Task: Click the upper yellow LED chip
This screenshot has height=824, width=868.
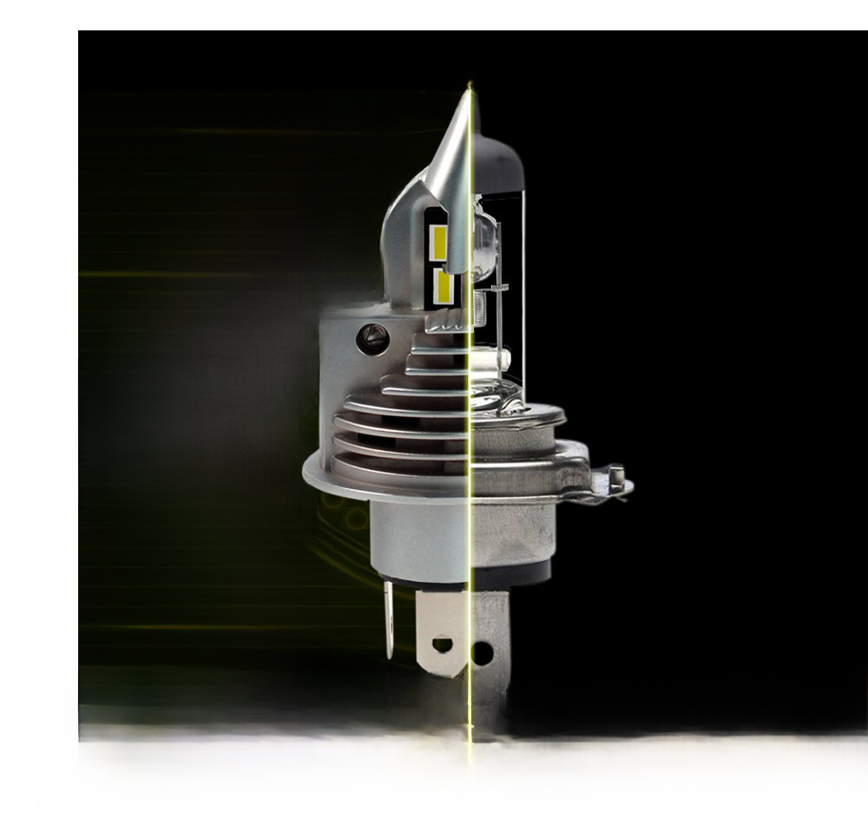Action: pos(440,242)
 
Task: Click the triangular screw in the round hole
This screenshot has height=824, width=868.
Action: pos(373,337)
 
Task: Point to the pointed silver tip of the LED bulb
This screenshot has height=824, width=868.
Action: pos(465,104)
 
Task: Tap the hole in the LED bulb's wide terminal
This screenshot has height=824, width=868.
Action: pos(443,644)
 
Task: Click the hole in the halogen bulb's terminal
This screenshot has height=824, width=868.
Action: pos(482,652)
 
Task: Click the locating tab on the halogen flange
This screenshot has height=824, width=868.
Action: pos(615,476)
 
